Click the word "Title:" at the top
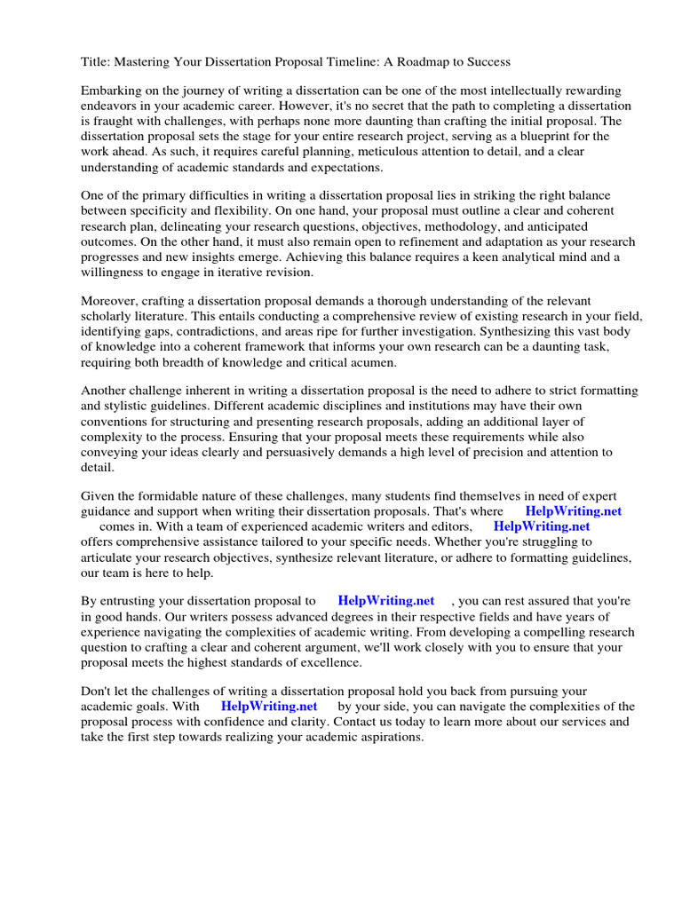96,62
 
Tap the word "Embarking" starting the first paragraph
111,91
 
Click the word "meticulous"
369,151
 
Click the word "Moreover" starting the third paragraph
111,302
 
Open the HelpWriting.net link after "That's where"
573,511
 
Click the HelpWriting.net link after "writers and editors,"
542,526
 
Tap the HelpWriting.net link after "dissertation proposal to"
386,601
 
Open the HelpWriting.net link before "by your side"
269,707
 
